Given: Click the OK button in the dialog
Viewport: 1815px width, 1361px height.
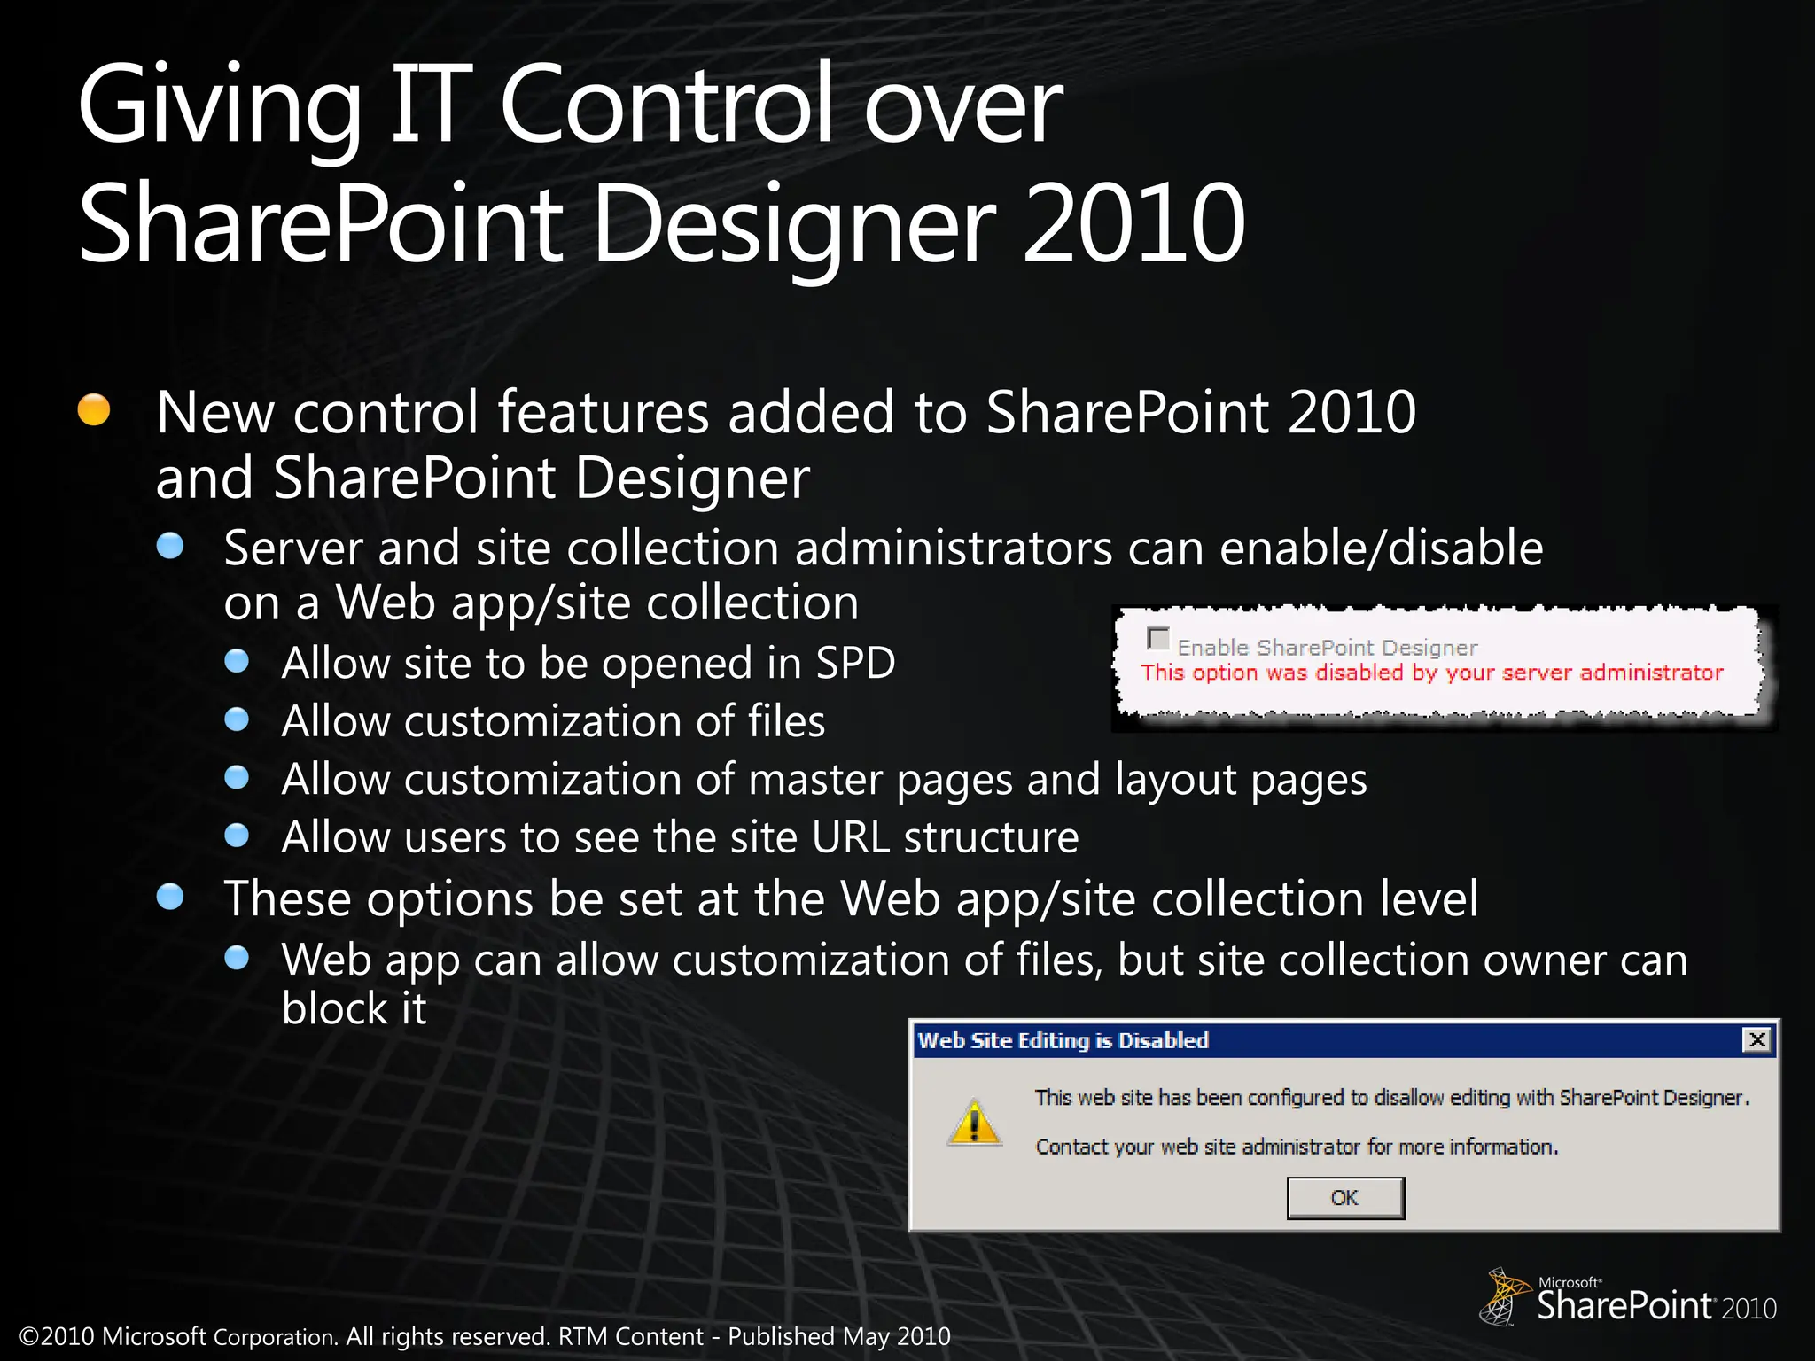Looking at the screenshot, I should click(1344, 1198).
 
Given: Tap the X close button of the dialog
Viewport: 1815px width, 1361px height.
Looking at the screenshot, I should click(1757, 1039).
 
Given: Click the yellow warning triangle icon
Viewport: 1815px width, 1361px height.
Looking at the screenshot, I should click(974, 1123).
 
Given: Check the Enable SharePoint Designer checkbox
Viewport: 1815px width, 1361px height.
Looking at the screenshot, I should click(1157, 638).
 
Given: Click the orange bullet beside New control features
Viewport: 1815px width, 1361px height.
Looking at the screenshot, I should click(94, 409).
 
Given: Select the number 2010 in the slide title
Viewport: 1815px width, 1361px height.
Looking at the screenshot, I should click(1134, 223).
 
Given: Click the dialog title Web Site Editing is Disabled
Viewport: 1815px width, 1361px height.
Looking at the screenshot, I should click(1063, 1040).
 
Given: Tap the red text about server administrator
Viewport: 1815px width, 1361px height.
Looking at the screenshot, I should click(1431, 673).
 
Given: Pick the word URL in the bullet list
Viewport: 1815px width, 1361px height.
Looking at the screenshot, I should click(851, 837).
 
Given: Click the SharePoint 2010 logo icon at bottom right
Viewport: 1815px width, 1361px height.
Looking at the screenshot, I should click(1503, 1296).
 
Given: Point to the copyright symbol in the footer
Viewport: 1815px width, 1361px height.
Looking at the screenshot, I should click(28, 1337).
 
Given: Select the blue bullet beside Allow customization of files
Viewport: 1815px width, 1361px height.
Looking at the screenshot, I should click(237, 719).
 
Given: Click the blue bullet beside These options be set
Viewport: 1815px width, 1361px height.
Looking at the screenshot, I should click(170, 897).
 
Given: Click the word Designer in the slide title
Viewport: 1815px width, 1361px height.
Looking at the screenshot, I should click(794, 223).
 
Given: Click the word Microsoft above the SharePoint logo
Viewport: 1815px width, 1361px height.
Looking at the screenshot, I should click(1569, 1282).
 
